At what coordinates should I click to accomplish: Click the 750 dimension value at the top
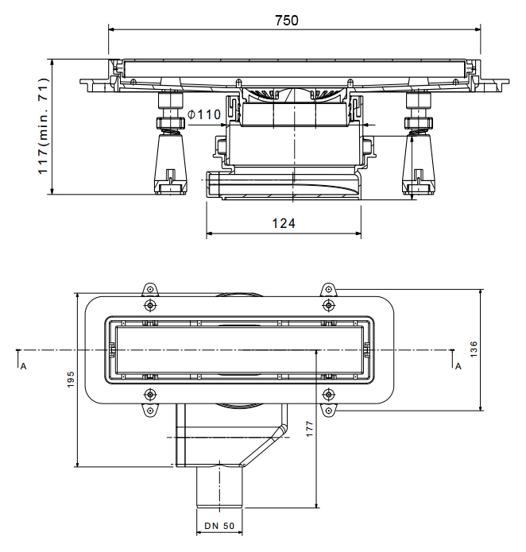(287, 21)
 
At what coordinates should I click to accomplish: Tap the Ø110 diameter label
(204, 115)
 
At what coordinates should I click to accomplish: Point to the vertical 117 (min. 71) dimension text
(43, 125)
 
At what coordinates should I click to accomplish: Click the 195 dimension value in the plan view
(70, 380)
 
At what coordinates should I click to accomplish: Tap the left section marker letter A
(23, 365)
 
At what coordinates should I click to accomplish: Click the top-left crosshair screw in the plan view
(150, 306)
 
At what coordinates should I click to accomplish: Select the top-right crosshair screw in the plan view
(327, 306)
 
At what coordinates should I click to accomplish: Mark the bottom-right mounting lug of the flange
(328, 410)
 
